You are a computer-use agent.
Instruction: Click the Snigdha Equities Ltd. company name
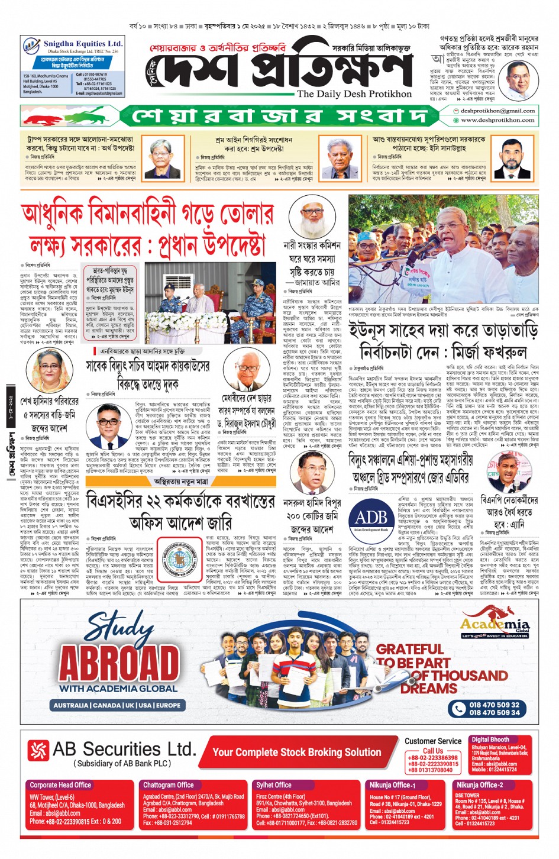tap(83, 44)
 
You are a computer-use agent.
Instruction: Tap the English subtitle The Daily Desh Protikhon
tap(354, 93)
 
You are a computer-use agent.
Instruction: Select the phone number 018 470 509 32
tap(494, 705)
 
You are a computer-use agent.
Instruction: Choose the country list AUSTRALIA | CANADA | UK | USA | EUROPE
tap(117, 705)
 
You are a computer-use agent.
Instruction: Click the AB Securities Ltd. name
tap(124, 749)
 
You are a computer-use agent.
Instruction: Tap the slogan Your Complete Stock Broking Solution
tap(296, 752)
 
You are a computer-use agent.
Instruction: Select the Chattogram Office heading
tap(168, 785)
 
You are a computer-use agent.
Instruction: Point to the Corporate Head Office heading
tap(60, 785)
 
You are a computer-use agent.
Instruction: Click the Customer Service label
tap(433, 741)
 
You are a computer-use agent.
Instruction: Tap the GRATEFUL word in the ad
tap(409, 649)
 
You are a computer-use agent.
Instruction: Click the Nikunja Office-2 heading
tap(479, 785)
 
